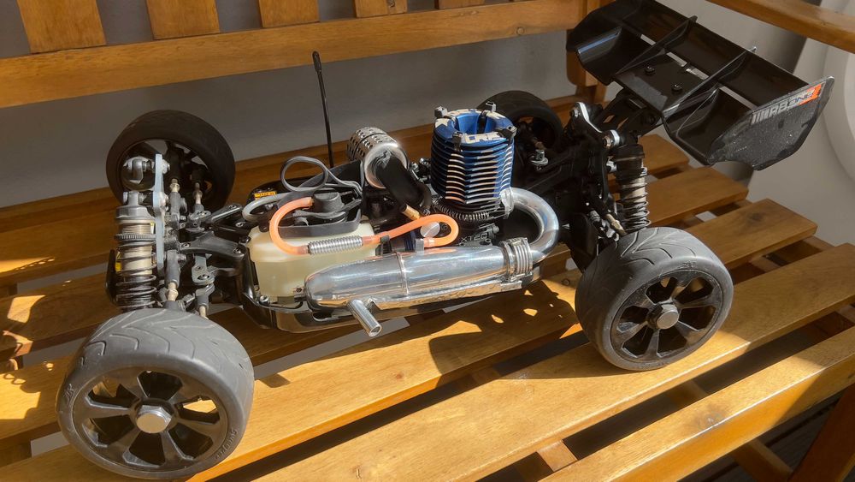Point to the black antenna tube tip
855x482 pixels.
pos(316,58)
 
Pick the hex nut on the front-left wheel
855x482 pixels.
pos(154,419)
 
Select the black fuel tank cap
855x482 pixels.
pos(327,205)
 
